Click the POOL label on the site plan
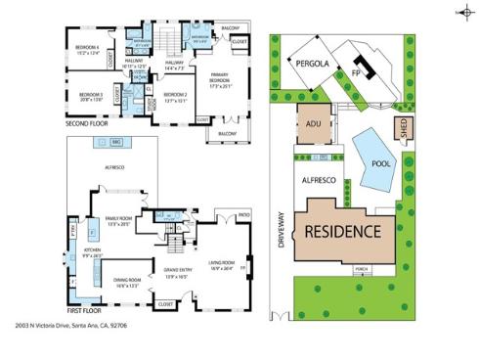[382, 164]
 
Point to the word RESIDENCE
[341, 232]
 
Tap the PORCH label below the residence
[361, 270]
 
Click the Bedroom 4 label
[89, 51]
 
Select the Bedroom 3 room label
[89, 96]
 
